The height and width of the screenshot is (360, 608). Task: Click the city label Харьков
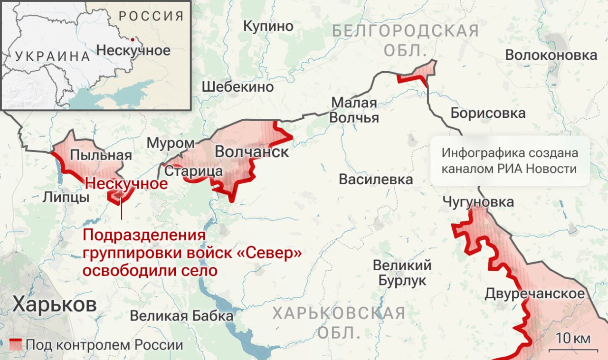click(54, 304)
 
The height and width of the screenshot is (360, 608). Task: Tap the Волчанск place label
click(252, 152)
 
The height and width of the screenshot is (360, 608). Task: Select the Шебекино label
click(237, 87)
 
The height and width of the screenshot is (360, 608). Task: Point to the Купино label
click(268, 26)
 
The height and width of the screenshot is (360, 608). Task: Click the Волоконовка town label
click(551, 55)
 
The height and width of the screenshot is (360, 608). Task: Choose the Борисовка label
click(488, 113)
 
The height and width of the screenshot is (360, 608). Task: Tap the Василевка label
click(376, 179)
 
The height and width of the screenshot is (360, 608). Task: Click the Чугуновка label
click(478, 202)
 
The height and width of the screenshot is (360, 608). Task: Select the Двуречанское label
click(534, 294)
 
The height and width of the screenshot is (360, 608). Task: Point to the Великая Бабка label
click(182, 316)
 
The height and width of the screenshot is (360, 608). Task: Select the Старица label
click(193, 171)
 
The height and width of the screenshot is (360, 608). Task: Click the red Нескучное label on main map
click(126, 183)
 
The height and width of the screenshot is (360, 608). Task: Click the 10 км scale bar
click(570, 350)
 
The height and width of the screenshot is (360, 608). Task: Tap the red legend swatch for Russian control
click(16, 344)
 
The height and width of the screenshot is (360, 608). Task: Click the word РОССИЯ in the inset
click(151, 16)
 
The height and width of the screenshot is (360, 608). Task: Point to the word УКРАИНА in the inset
click(52, 57)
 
